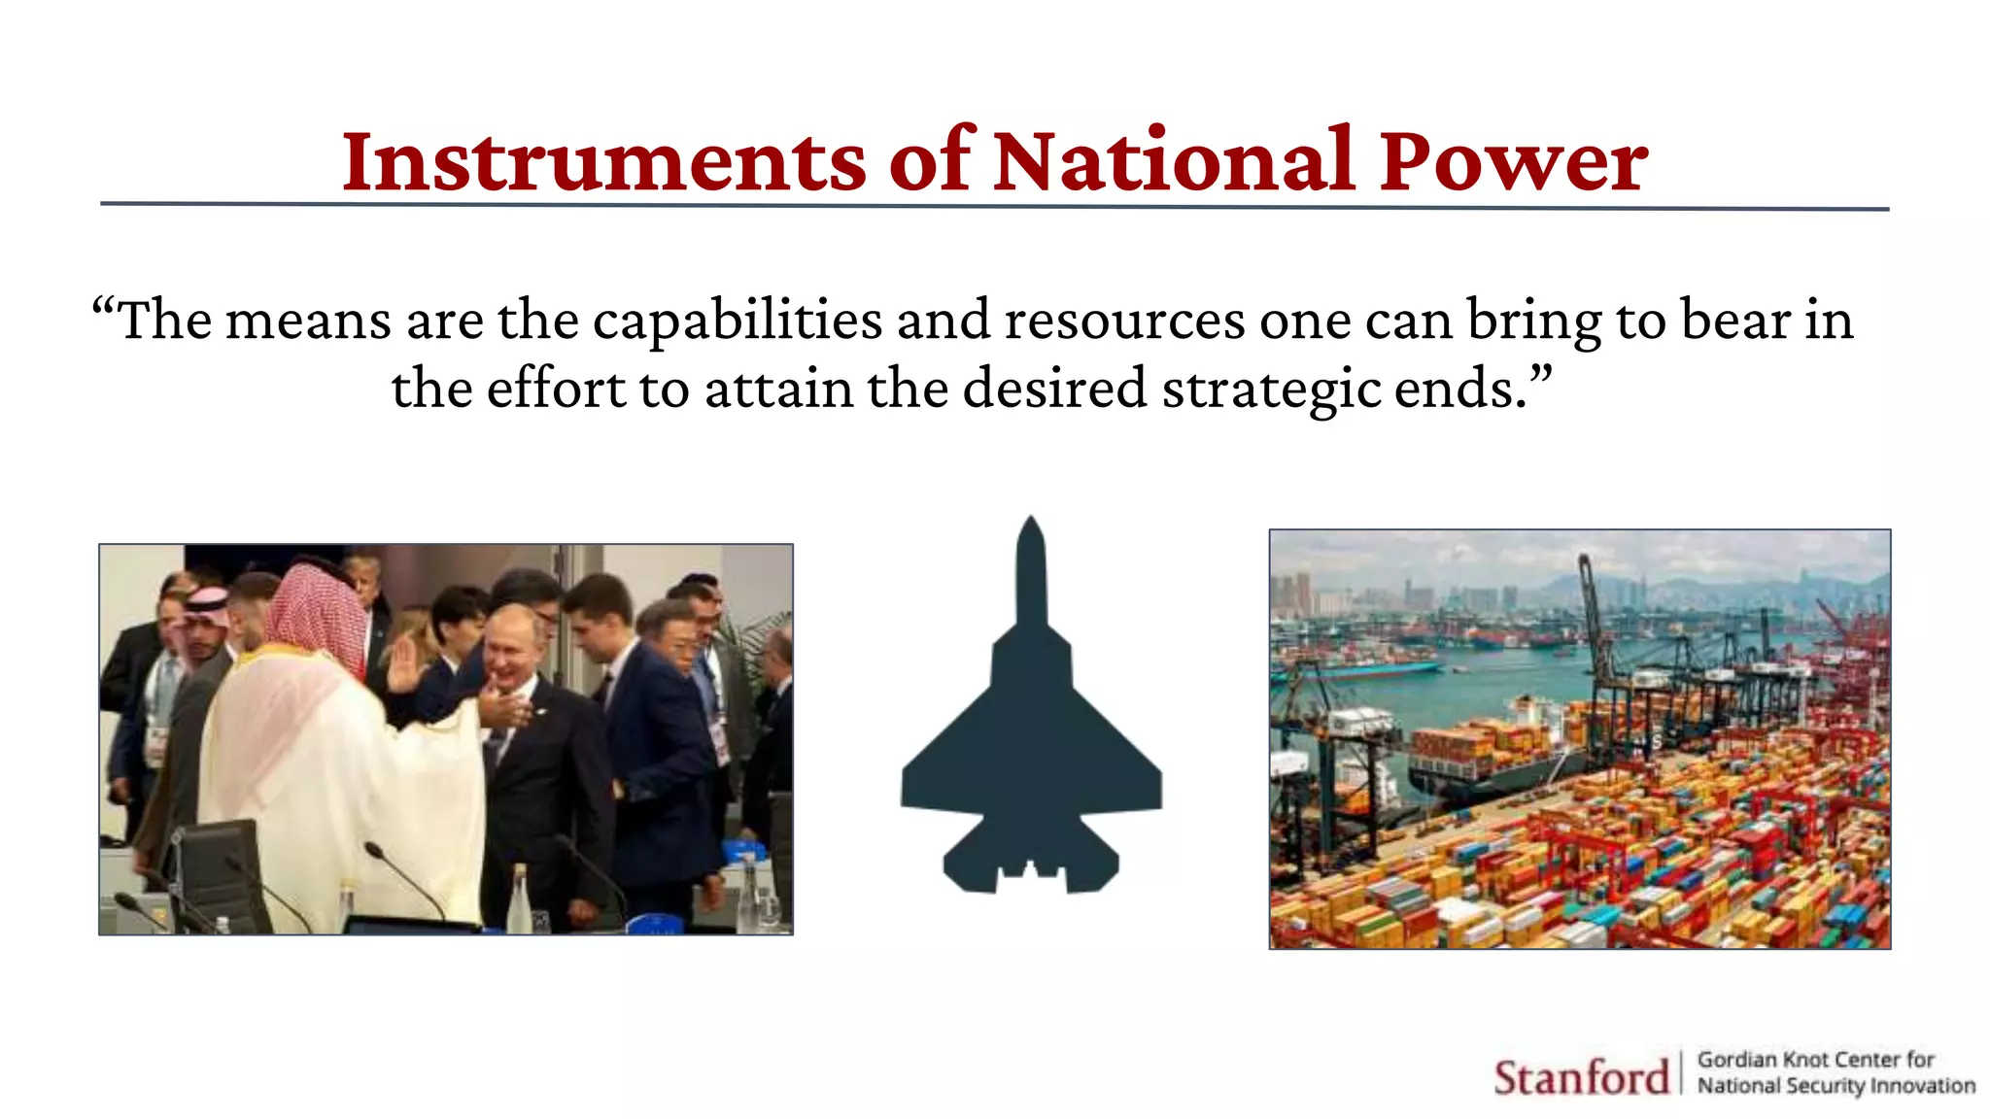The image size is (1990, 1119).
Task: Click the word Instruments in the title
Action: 602,161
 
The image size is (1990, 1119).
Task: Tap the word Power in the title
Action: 1513,161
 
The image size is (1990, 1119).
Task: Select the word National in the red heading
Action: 1174,161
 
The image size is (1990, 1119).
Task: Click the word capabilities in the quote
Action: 737,321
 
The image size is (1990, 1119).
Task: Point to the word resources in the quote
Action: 1124,321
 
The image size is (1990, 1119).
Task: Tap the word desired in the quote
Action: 1054,390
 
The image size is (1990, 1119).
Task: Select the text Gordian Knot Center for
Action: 1815,1060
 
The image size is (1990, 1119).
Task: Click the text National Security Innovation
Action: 1836,1086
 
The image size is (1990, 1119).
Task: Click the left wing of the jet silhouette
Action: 943,767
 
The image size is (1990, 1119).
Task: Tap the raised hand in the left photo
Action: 402,664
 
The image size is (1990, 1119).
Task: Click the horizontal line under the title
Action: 994,207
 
